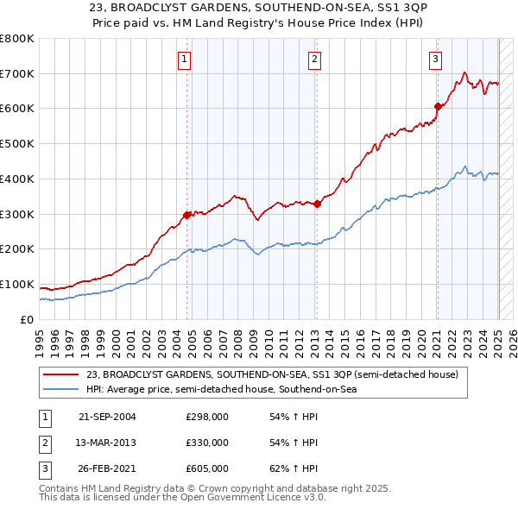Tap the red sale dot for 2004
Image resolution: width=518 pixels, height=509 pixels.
187,215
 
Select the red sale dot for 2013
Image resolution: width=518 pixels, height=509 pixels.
317,204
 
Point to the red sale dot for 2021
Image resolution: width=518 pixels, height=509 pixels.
438,106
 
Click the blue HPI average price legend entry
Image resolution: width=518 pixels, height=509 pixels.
221,390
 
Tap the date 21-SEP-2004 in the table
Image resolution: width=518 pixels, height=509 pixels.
107,417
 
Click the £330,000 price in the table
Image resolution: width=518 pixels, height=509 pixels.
207,443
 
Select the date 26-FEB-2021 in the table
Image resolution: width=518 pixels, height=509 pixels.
107,468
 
